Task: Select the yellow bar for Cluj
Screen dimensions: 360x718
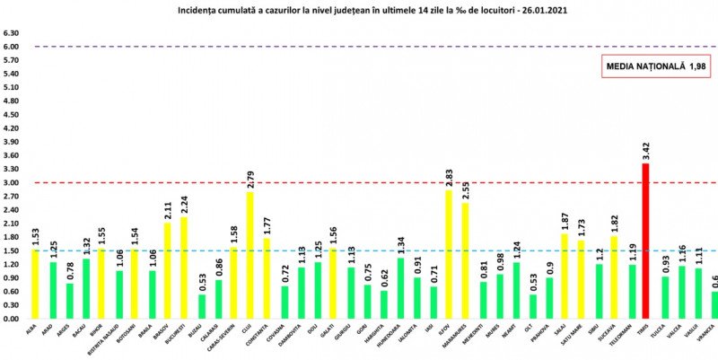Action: coord(250,255)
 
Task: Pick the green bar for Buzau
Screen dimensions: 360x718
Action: coord(201,306)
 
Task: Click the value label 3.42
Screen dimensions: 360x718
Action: coord(645,149)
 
